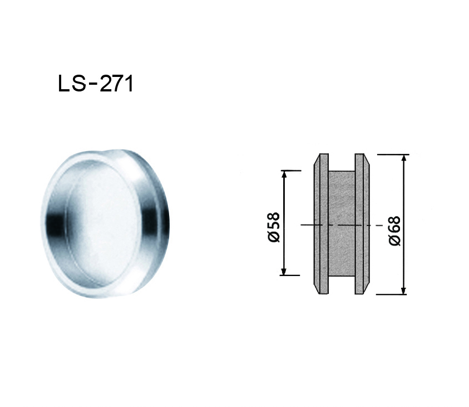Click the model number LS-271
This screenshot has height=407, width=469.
pyautogui.click(x=96, y=84)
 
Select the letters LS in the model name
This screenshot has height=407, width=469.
pyautogui.click(x=71, y=84)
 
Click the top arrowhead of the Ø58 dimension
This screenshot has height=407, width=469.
pyautogui.click(x=284, y=175)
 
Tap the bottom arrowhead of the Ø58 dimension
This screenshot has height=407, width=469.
pyautogui.click(x=284, y=271)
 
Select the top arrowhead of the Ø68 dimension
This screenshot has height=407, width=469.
pyautogui.click(x=404, y=159)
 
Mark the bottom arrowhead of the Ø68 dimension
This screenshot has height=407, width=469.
pyautogui.click(x=404, y=290)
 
